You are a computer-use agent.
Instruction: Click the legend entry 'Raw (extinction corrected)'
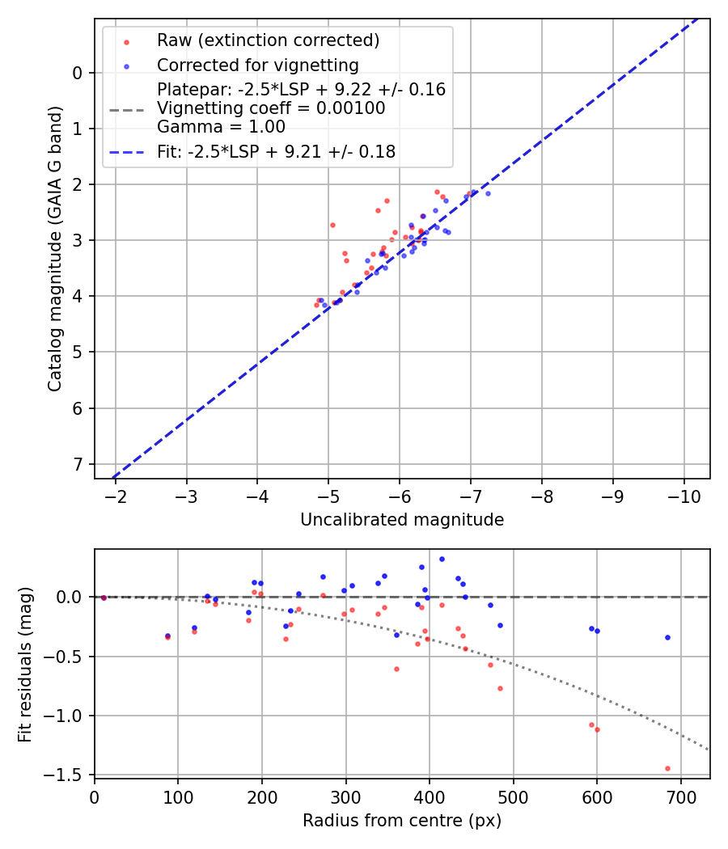268,40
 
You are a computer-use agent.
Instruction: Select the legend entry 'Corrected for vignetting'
257,65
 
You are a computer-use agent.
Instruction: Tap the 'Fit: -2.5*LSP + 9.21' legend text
276,151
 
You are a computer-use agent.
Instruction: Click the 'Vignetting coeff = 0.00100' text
271,108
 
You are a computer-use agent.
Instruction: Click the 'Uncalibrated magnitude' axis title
402,520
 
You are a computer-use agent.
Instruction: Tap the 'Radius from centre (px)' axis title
402,821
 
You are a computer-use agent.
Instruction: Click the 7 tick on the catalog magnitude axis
78,464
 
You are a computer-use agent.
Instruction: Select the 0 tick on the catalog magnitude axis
78,73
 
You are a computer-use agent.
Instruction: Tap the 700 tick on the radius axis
680,796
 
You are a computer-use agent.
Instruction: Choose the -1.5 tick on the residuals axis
68,775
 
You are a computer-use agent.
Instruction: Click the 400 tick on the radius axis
430,796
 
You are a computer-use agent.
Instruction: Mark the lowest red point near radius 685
667,768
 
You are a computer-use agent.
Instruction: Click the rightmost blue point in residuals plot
667,637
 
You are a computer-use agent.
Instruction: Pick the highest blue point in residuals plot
442,559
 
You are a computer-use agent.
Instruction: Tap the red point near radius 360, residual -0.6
396,669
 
